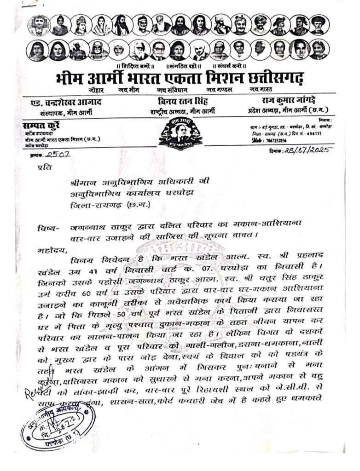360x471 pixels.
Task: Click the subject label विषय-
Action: (x=48, y=228)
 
